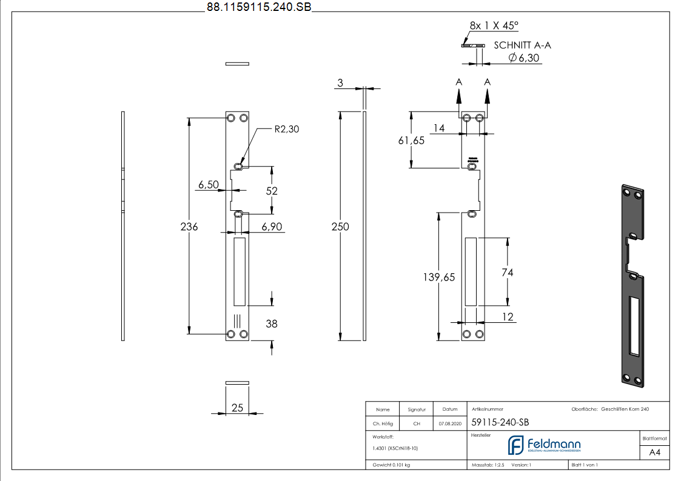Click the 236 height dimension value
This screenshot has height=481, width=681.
pyautogui.click(x=189, y=227)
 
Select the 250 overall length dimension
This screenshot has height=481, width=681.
pyautogui.click(x=341, y=227)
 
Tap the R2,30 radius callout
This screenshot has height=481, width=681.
pyautogui.click(x=287, y=129)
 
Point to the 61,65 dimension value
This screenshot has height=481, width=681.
pyautogui.click(x=411, y=140)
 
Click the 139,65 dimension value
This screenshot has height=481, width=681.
pyautogui.click(x=438, y=277)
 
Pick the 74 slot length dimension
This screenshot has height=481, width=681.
pyautogui.click(x=507, y=273)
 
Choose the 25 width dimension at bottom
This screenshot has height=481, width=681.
pyautogui.click(x=237, y=408)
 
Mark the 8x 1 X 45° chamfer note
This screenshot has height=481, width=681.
pyautogui.click(x=494, y=25)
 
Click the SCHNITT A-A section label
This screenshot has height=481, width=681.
pyautogui.click(x=522, y=45)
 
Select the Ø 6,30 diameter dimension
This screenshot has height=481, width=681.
pyautogui.click(x=524, y=58)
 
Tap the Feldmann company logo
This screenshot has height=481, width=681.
pyautogui.click(x=544, y=445)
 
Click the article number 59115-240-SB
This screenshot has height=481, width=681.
pyautogui.click(x=495, y=423)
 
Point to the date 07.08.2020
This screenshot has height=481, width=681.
pyautogui.click(x=449, y=423)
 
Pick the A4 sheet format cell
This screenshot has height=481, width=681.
pyautogui.click(x=654, y=453)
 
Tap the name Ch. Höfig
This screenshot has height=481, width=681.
pyautogui.click(x=383, y=423)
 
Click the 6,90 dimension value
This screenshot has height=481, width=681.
pyautogui.click(x=272, y=227)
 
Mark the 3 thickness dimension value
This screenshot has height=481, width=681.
pyautogui.click(x=340, y=83)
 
